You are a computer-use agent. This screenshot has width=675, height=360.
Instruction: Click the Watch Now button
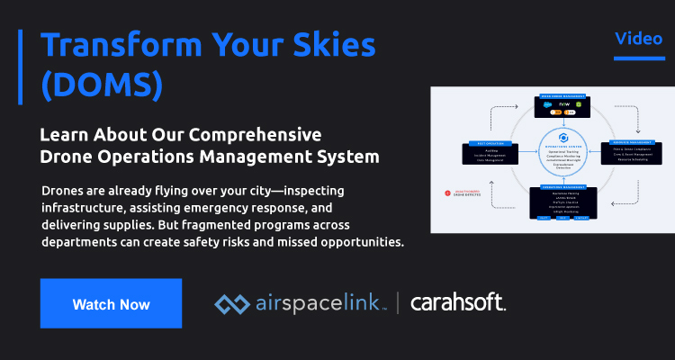coord(111,304)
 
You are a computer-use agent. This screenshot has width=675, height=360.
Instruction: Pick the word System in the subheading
coord(348,157)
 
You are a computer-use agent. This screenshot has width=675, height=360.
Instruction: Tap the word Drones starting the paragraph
coord(64,191)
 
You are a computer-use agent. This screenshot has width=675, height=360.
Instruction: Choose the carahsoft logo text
coord(459,304)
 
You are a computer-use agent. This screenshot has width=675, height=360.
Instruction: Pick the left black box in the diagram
coord(489,154)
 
